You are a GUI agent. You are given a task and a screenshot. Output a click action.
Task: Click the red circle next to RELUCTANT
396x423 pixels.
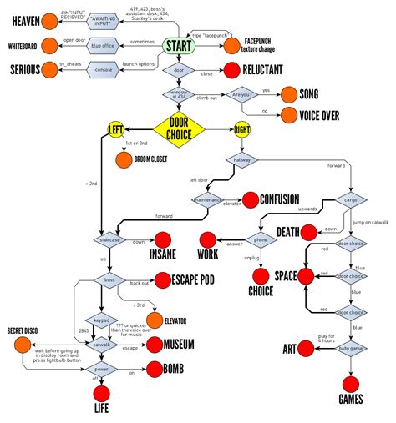[231, 73]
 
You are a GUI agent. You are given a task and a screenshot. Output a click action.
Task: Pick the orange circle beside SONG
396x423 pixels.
[291, 94]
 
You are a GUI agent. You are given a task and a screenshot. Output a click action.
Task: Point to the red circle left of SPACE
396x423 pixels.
[307, 275]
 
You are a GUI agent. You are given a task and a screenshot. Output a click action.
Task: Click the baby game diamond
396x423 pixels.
[350, 347]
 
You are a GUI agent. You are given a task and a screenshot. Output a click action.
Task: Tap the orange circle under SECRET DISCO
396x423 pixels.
[23, 342]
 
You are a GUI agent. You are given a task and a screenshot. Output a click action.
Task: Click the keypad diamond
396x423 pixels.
[101, 319]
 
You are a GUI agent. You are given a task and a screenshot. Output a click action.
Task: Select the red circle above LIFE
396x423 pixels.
[101, 393]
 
